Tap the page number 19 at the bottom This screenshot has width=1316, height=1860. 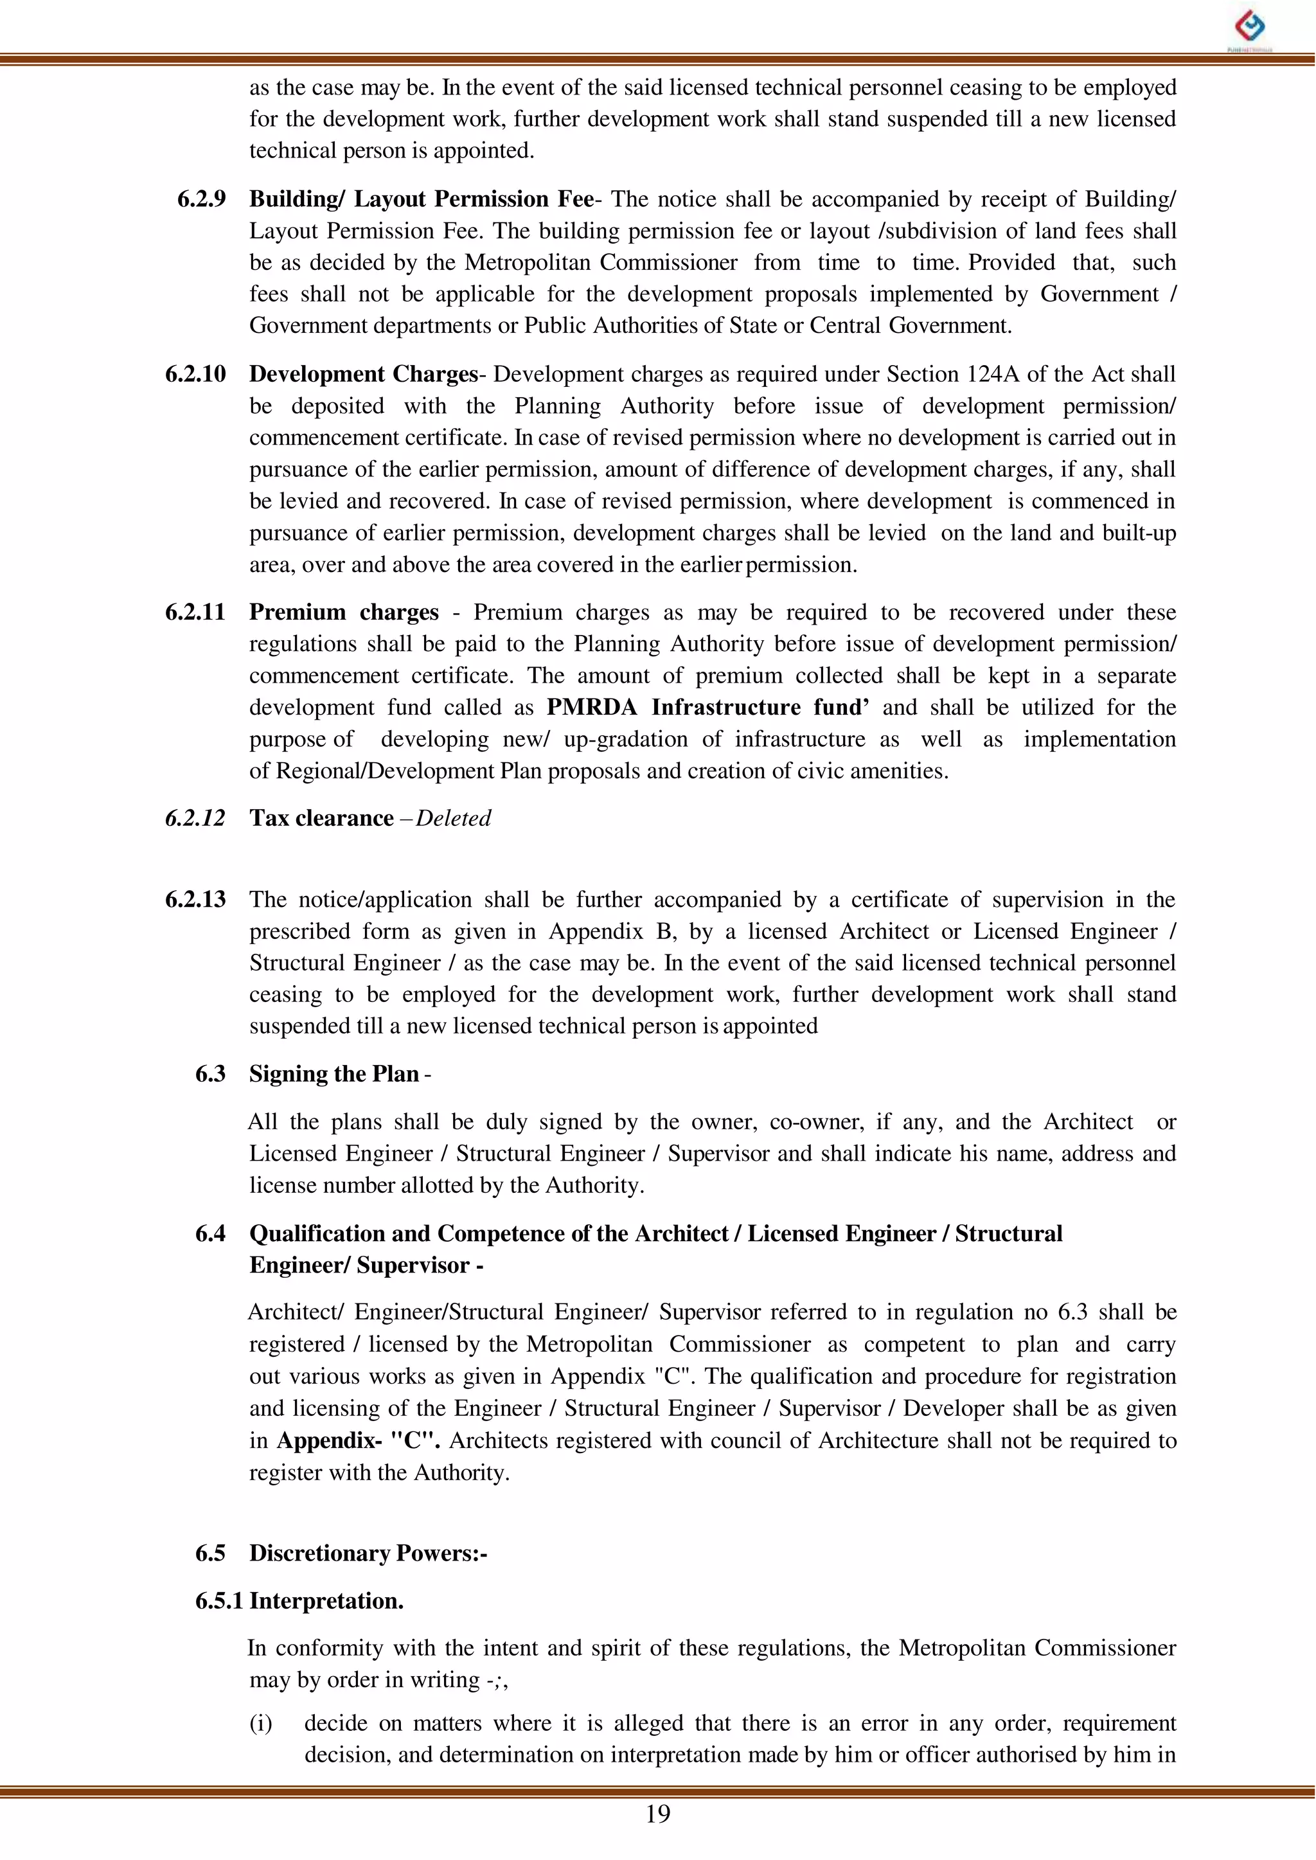(x=657, y=1814)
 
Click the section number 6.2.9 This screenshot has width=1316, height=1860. (x=201, y=199)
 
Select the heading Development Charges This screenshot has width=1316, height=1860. (x=363, y=375)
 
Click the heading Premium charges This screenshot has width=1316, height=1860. (x=344, y=612)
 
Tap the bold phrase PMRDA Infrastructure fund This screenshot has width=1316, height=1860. (x=707, y=708)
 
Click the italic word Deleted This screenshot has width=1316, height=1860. (x=453, y=819)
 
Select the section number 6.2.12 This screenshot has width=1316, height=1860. (x=195, y=819)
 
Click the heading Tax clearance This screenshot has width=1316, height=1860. (x=321, y=819)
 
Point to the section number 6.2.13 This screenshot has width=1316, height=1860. (x=195, y=900)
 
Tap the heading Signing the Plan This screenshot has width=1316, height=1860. (x=334, y=1074)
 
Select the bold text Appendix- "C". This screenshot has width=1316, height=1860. (x=358, y=1440)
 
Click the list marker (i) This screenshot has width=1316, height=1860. (x=260, y=1723)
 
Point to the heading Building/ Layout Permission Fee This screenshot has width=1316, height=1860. (x=422, y=199)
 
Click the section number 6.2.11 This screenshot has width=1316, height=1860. (x=195, y=612)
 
